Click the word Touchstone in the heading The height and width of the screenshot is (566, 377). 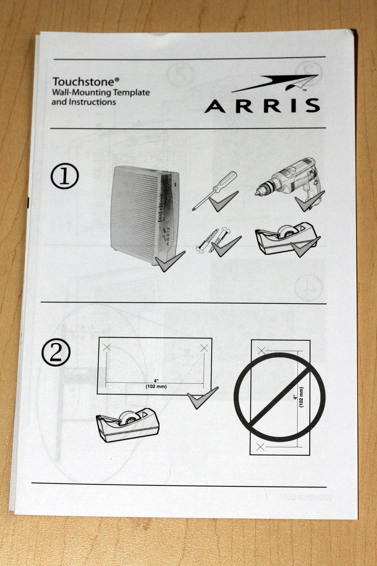point(83,82)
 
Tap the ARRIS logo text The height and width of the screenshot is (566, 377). point(262,105)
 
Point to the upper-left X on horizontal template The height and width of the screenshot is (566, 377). point(107,348)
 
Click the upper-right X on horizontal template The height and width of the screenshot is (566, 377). point(204,348)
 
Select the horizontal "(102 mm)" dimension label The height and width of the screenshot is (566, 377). point(156,387)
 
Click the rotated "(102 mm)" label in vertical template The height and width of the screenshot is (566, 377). point(301,397)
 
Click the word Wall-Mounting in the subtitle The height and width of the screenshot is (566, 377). point(82,93)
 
